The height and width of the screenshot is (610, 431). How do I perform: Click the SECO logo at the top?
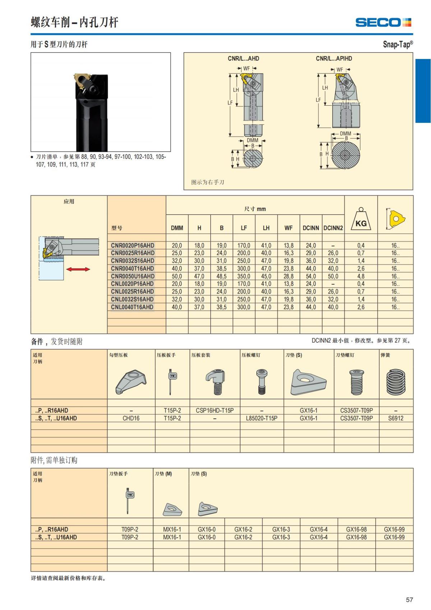click(383, 23)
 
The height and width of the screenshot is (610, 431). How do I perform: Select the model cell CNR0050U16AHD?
click(133, 276)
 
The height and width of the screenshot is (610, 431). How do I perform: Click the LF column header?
click(244, 228)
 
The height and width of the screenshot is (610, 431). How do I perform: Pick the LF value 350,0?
click(244, 276)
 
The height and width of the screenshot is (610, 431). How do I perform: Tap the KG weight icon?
click(361, 220)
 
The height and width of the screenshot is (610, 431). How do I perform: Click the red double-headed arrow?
click(78, 269)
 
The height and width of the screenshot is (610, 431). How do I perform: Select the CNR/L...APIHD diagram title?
click(334, 59)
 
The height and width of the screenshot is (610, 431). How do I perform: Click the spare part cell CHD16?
click(131, 418)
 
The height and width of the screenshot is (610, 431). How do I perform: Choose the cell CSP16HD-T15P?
click(215, 410)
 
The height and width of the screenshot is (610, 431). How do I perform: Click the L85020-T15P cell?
click(261, 418)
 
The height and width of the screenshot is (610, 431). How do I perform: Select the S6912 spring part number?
click(395, 418)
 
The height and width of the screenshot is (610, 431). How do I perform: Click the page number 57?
click(409, 600)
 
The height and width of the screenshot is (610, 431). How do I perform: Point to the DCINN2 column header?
click(333, 228)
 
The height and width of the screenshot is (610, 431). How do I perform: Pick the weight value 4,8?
click(361, 276)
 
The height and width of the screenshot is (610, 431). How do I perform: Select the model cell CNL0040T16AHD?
click(132, 307)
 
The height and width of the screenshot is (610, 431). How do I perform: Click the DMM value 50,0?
click(177, 276)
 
